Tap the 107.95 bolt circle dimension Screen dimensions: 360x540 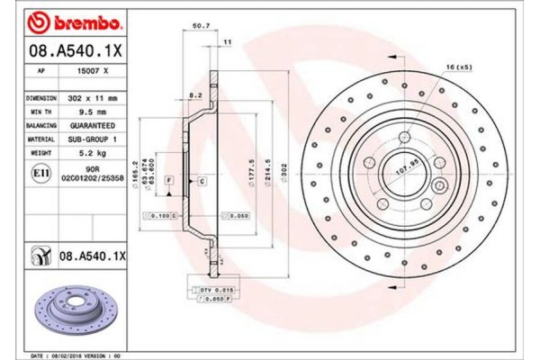pos(408,165)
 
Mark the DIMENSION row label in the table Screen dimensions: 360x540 pos(41,96)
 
